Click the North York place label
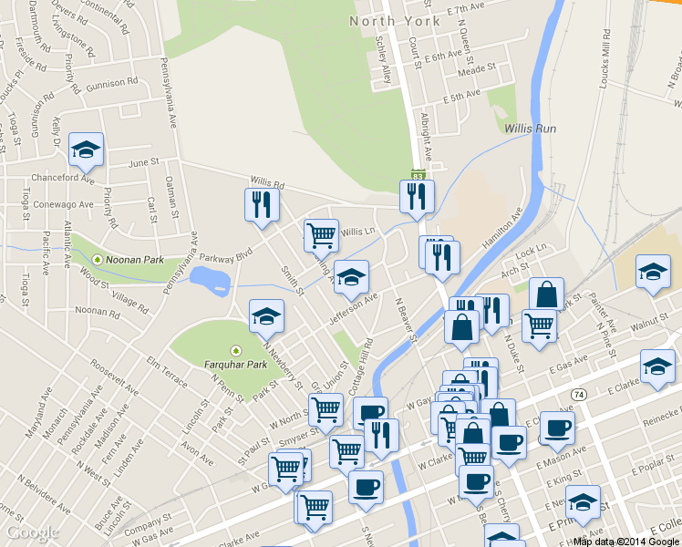pyautogui.click(x=387, y=20)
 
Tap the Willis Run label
pyautogui.click(x=530, y=129)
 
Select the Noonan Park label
pyautogui.click(x=134, y=260)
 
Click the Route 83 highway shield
pyautogui.click(x=418, y=174)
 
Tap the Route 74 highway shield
pyautogui.click(x=579, y=394)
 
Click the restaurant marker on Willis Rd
pyautogui.click(x=261, y=205)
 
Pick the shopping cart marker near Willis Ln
pyautogui.click(x=321, y=235)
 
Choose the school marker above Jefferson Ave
pyautogui.click(x=351, y=277)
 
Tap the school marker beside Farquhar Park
pyautogui.click(x=266, y=316)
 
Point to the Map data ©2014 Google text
pyautogui.click(x=625, y=542)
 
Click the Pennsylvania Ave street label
pyautogui.click(x=170, y=92)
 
